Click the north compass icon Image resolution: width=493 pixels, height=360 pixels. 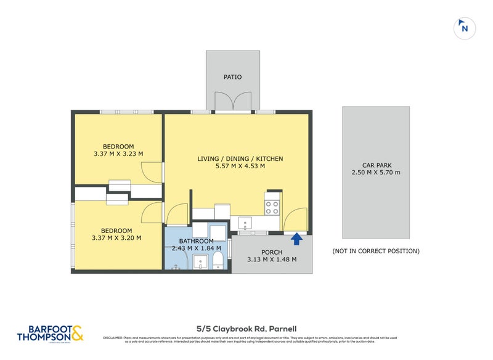tap(465, 28)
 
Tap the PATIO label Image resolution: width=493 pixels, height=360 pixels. tap(232, 77)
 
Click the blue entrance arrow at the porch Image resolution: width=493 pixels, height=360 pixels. tap(296, 239)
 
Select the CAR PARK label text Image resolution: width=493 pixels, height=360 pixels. tap(376, 165)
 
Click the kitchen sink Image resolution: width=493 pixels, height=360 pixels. tap(245, 223)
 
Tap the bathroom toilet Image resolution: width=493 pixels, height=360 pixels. tap(218, 263)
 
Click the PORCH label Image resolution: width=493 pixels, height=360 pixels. tap(272, 252)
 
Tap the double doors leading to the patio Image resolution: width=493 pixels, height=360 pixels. tap(232, 102)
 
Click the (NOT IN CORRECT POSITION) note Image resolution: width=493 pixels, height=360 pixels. tap(376, 251)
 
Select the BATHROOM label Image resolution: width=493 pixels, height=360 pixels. tap(196, 241)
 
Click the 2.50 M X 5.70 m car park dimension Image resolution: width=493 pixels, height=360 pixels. tap(376, 173)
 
